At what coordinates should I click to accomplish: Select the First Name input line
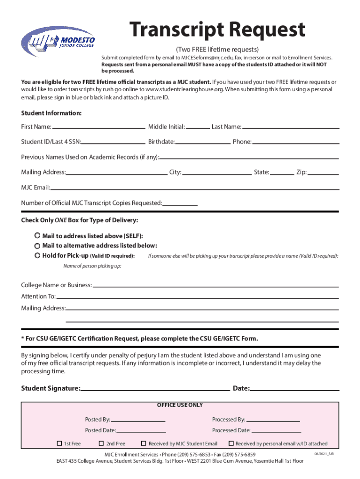[98, 127]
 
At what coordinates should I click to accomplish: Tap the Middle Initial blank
[198, 127]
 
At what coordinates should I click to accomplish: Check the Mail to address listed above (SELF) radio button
[37, 236]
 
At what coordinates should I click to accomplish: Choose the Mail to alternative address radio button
[37, 246]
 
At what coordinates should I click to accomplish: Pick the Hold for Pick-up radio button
[37, 256]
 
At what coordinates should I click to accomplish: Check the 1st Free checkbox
[59, 443]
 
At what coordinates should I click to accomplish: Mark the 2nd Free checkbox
[101, 443]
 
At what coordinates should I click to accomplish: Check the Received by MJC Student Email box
[144, 443]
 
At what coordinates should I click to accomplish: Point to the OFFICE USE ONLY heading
[180, 405]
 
